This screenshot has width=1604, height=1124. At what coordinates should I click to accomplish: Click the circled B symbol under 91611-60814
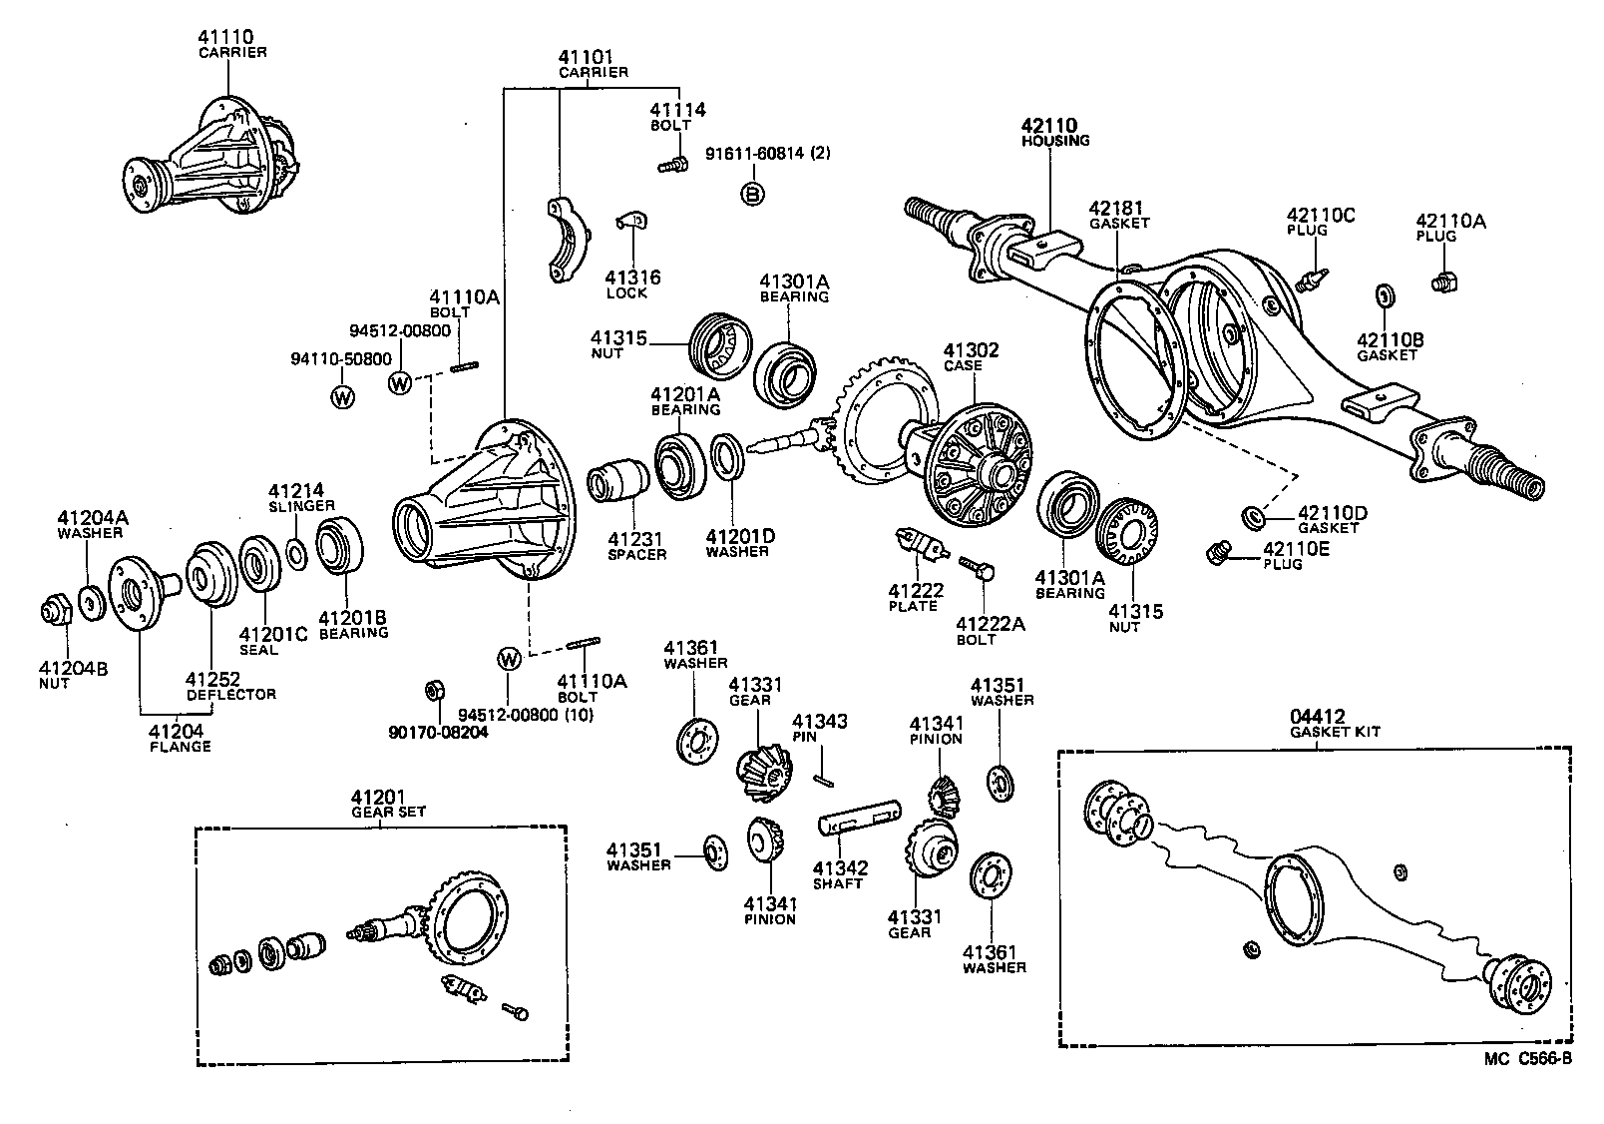(753, 194)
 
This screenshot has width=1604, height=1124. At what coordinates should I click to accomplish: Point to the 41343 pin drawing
(822, 768)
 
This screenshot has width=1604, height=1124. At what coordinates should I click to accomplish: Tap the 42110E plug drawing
(1217, 552)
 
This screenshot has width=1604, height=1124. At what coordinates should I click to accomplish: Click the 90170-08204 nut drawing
(434, 690)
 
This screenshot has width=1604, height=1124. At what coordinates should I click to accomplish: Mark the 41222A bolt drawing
(974, 568)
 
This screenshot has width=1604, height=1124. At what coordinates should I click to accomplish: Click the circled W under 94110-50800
(342, 397)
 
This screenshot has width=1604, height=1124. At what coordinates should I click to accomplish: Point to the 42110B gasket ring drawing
(1385, 295)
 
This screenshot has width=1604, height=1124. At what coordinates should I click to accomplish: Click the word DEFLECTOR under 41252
(230, 693)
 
